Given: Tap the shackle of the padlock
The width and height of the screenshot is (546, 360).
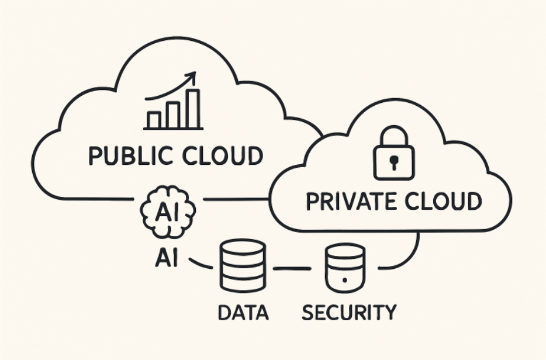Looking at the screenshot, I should [395, 135].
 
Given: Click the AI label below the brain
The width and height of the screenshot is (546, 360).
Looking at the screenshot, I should [167, 258].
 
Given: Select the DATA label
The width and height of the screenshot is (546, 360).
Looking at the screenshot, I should [243, 312].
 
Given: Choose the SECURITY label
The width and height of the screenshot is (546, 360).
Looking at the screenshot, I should [349, 312].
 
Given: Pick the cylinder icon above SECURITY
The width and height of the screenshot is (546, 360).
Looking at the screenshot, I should [345, 268].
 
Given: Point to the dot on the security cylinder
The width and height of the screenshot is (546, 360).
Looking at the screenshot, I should [345, 281].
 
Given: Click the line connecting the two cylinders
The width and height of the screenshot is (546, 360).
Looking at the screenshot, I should [292, 269].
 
